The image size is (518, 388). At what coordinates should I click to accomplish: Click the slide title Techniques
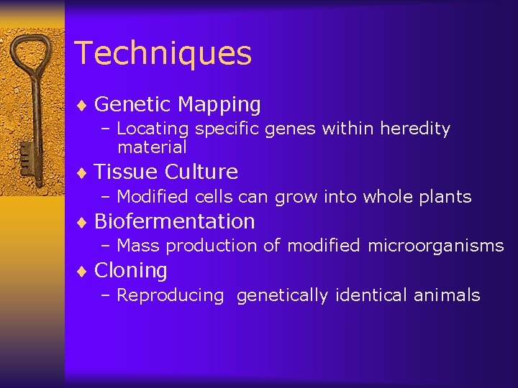tap(163, 53)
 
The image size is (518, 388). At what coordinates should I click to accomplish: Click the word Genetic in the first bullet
tap(133, 105)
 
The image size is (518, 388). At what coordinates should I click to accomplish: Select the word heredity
tap(415, 129)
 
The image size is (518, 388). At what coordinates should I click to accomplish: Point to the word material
tap(152, 147)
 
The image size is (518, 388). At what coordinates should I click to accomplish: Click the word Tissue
tap(126, 172)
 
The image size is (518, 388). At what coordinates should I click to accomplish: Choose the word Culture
tap(201, 172)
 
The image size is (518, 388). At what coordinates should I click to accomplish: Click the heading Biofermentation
tap(174, 221)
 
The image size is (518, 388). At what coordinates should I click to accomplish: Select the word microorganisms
tap(436, 246)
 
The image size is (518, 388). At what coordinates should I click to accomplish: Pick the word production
tap(212, 246)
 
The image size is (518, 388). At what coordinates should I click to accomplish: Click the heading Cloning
tap(130, 270)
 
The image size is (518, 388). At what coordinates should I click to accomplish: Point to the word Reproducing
tap(171, 295)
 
